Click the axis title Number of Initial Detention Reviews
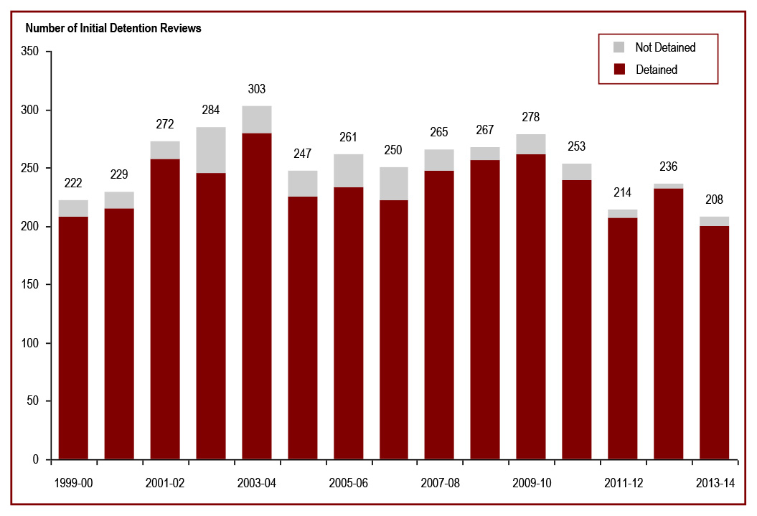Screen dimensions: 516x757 tap(113, 29)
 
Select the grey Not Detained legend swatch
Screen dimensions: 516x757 tap(620, 47)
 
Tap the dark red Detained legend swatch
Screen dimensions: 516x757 tap(620, 70)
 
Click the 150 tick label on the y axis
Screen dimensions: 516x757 tap(31, 285)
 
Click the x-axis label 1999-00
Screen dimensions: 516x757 tap(73, 483)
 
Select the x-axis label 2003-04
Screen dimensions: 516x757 tap(257, 483)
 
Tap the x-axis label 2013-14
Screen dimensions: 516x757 tap(715, 483)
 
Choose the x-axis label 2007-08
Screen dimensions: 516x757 tap(440, 483)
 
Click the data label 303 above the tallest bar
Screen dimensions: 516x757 tap(257, 89)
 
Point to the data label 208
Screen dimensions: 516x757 tap(715, 200)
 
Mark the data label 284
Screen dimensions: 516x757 tap(211, 111)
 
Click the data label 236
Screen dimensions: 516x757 tap(669, 167)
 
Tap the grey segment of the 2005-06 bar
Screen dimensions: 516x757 tap(349, 170)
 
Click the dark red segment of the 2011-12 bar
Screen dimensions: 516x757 tap(623, 337)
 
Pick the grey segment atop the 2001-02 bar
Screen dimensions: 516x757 tap(165, 150)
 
